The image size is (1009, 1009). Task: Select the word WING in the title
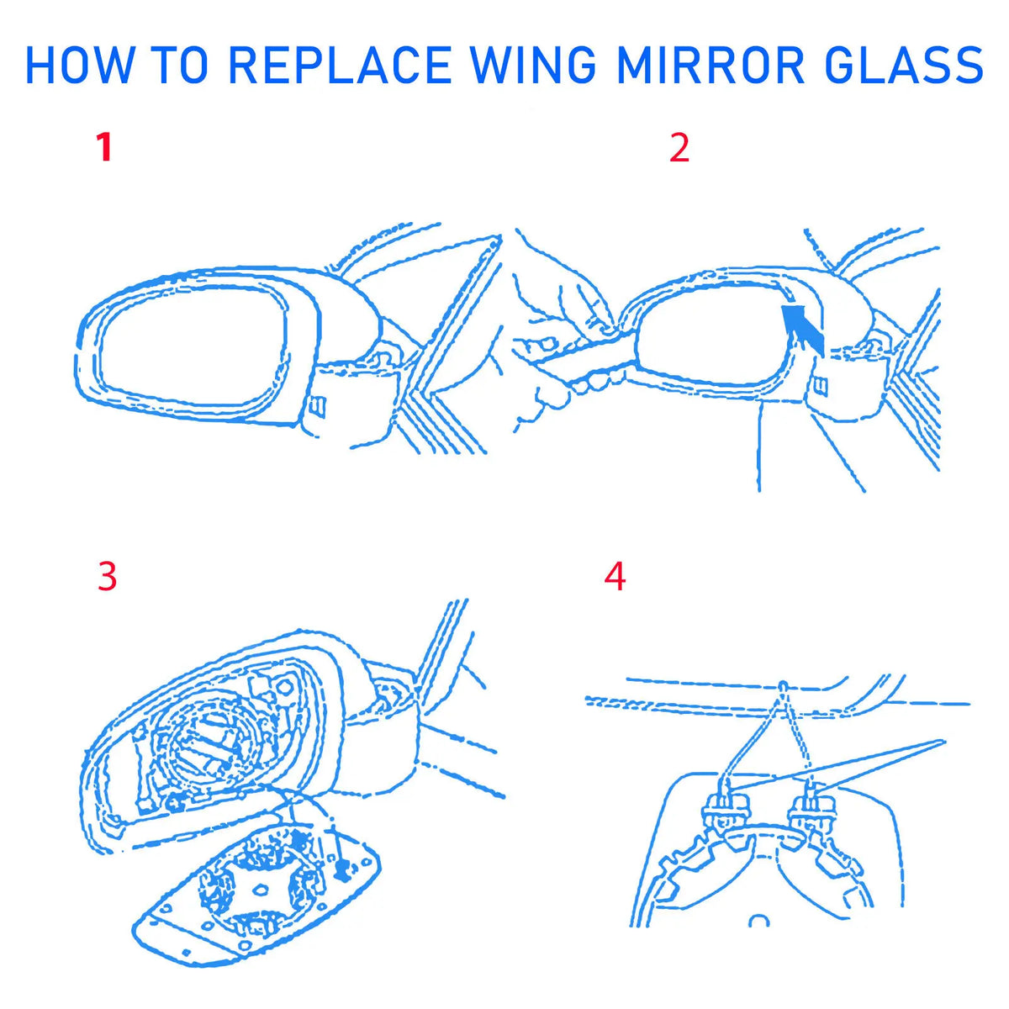[x=534, y=66]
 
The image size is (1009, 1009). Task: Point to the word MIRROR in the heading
[x=711, y=66]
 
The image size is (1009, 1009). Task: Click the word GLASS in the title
[x=902, y=66]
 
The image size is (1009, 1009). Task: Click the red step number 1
[x=104, y=147]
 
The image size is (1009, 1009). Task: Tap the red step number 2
[x=679, y=147]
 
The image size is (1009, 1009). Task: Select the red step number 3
[x=108, y=577]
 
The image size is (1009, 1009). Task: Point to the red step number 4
[x=615, y=577]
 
